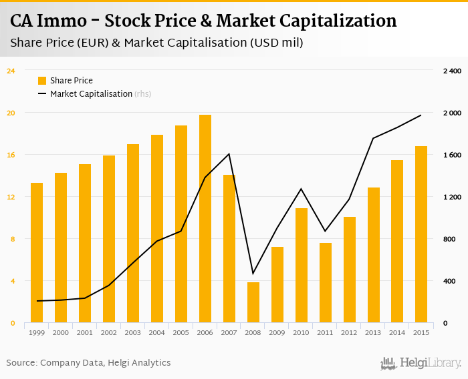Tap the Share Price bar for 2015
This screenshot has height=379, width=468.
421,234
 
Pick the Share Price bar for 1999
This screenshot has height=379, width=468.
37,253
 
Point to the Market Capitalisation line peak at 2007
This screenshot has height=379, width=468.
229,154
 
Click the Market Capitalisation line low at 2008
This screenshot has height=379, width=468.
253,273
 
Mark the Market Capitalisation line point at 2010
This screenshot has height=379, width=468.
302,189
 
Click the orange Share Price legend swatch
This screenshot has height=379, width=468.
42,81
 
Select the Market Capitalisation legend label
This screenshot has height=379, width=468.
91,94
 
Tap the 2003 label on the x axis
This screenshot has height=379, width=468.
133,332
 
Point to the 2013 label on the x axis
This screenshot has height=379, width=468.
373,332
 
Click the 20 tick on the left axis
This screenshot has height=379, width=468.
11,113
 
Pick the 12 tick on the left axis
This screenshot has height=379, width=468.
11,197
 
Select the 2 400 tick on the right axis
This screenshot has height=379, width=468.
452,71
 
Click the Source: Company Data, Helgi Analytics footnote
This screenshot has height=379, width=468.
89,363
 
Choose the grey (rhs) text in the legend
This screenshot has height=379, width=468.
142,94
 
